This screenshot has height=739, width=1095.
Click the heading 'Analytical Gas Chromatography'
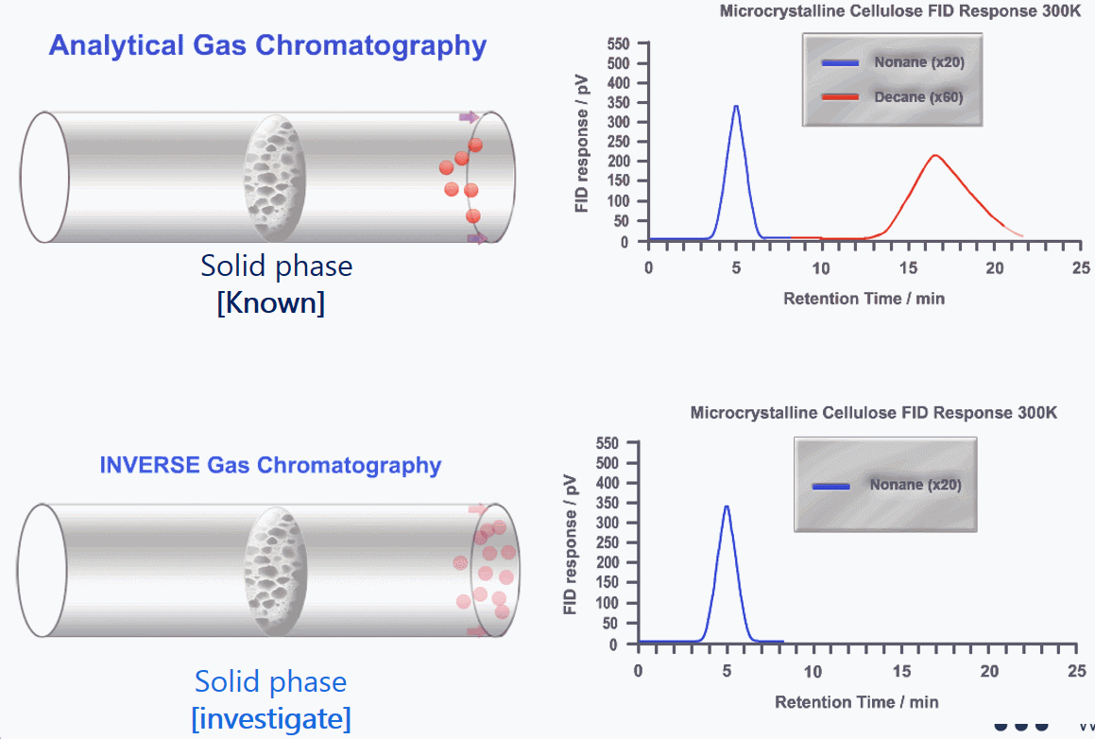point(267,44)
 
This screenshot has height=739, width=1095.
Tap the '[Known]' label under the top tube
point(270,303)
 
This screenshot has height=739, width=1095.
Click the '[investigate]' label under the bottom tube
point(270,718)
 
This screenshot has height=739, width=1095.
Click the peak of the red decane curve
point(935,156)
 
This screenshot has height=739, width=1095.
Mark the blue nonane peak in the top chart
point(736,106)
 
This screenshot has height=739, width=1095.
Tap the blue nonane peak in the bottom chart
point(727,507)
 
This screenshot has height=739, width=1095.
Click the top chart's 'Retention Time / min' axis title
point(864,299)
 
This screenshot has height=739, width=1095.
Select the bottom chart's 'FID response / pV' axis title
point(571,543)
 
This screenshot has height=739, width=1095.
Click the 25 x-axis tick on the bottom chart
point(1076,671)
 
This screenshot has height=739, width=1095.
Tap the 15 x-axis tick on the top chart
point(908,267)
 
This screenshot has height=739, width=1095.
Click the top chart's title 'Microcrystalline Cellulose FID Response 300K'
point(899,12)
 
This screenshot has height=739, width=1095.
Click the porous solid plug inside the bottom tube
point(276,570)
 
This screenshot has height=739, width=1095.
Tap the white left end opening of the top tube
point(44,177)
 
